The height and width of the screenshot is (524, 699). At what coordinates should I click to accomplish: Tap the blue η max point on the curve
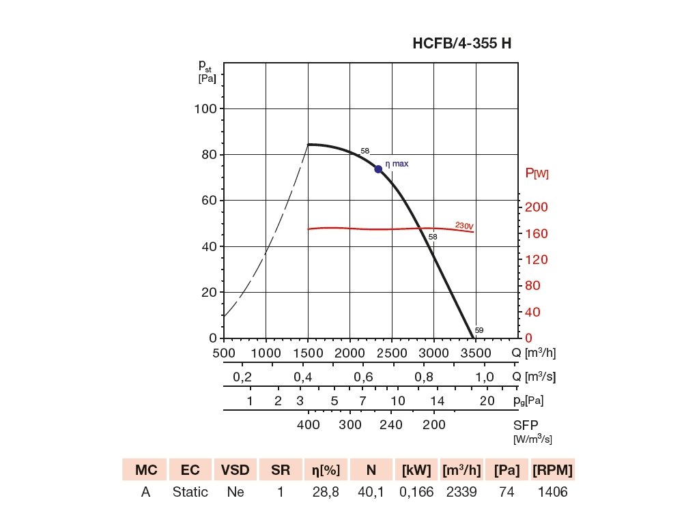pos(378,169)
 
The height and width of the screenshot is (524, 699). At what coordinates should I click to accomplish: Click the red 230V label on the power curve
pos(464,226)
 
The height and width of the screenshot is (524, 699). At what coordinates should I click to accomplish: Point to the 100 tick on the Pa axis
pos(205,109)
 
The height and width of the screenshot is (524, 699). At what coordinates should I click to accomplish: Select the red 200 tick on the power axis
pos(537,207)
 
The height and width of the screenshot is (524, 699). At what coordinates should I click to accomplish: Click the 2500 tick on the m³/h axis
pos(392,353)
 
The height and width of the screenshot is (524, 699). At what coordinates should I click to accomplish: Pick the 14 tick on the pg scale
pos(437,401)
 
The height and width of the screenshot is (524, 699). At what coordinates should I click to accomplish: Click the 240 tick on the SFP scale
pos(391,424)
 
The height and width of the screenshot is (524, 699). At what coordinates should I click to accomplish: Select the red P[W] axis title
pos(537,174)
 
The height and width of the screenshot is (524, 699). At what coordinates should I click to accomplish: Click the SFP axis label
pos(526,424)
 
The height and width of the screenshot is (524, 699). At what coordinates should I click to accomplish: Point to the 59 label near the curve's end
pos(479,330)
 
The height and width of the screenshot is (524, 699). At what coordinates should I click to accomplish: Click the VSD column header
pos(236,470)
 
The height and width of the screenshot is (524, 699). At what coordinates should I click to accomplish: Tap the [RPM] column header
pos(552,470)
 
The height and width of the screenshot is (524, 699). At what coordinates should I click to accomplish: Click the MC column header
pos(145,470)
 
